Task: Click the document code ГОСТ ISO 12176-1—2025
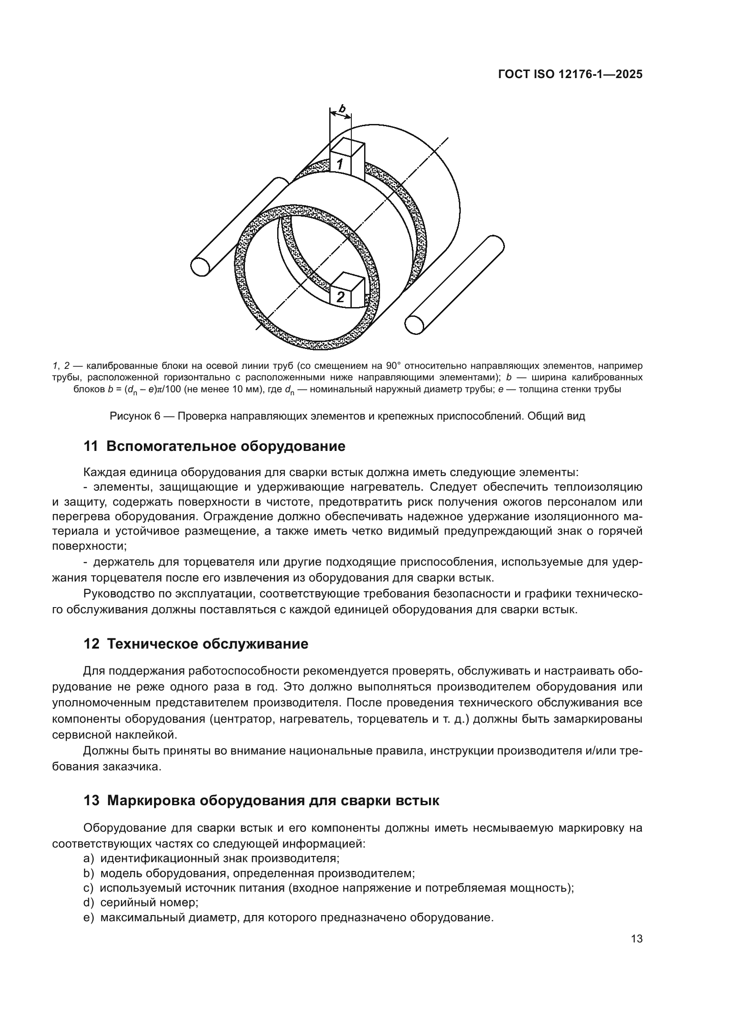[x=570, y=75]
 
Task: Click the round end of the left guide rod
[x=200, y=266]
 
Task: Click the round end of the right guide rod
[x=414, y=325]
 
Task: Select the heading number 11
[x=91, y=447]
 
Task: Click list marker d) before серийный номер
[x=89, y=902]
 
